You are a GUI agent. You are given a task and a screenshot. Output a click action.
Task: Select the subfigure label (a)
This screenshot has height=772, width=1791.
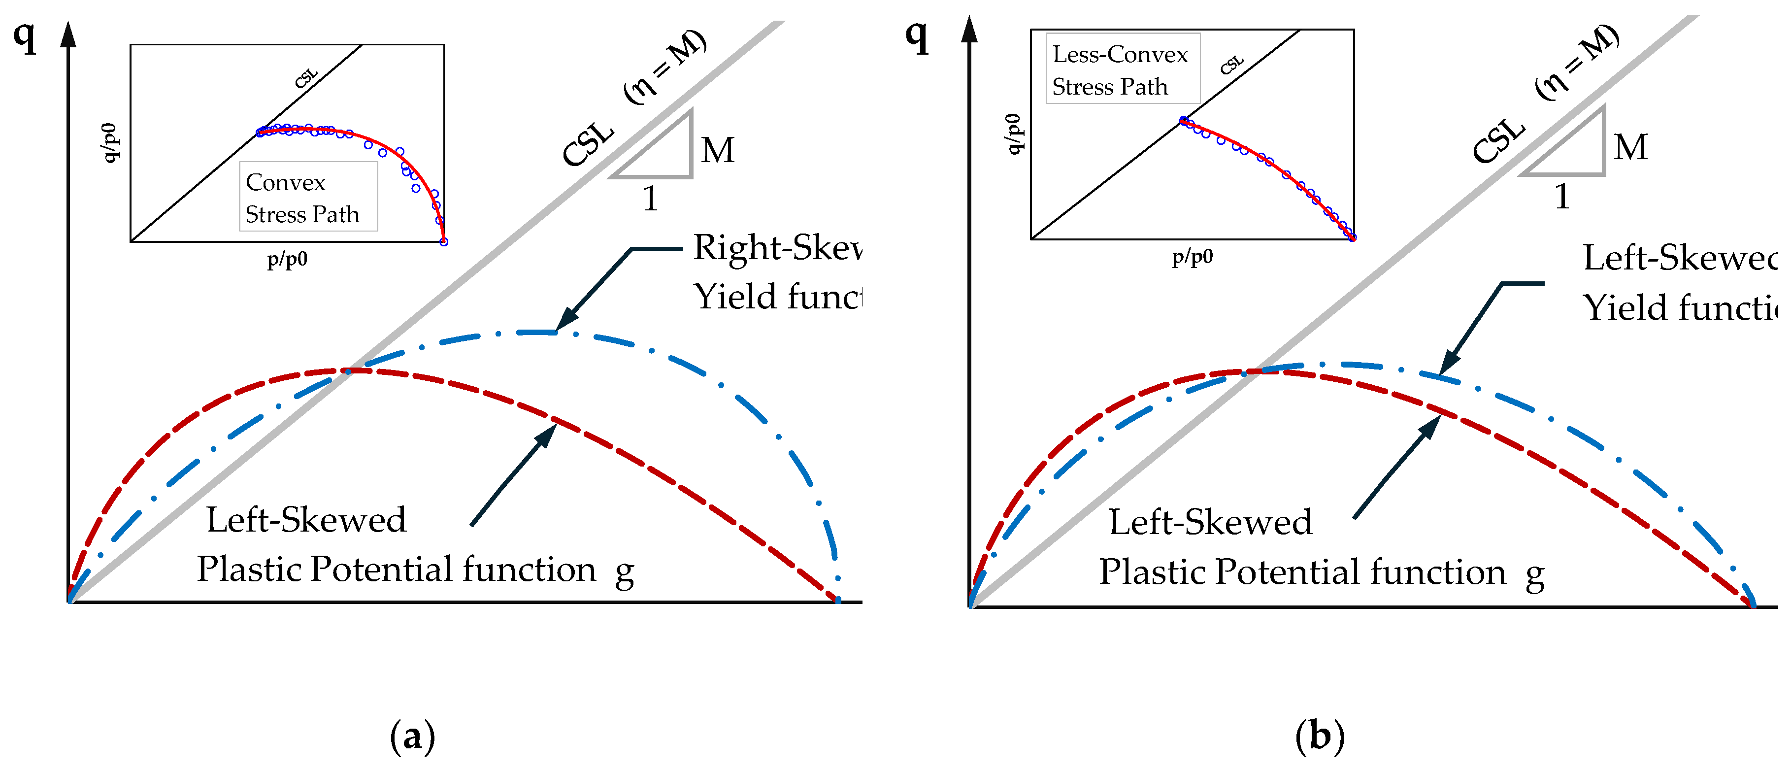click(412, 736)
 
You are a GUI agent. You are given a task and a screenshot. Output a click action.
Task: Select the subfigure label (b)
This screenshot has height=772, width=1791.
click(1319, 736)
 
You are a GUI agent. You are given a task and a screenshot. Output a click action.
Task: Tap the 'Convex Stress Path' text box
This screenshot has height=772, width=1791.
click(308, 197)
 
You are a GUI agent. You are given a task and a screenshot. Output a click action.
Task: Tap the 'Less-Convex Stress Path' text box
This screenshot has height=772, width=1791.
click(1122, 69)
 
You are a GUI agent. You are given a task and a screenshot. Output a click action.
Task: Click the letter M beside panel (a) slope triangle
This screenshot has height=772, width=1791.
click(718, 150)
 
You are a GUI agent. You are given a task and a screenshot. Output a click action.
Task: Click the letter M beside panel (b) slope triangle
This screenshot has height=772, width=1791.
click(1630, 147)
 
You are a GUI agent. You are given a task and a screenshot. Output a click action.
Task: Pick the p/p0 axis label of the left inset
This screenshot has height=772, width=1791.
click(287, 260)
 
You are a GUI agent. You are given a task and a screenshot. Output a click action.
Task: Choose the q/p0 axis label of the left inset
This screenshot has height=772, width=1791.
click(110, 142)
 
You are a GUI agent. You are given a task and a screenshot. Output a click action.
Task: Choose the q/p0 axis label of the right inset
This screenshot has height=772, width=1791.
click(1014, 134)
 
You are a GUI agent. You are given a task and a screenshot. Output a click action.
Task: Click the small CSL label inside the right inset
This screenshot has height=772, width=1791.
click(1231, 65)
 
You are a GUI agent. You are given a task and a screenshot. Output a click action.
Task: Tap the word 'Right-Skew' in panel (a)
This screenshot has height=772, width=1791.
click(777, 248)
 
